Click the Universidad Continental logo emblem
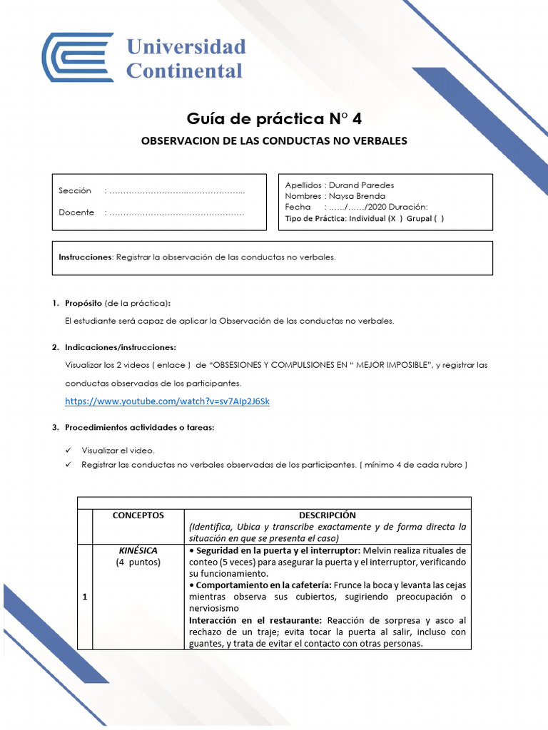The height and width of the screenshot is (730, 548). tap(77, 57)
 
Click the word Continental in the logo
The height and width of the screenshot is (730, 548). tap(184, 71)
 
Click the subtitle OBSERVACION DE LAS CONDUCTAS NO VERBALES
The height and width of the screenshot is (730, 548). tap(275, 140)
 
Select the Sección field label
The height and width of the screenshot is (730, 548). tap(75, 191)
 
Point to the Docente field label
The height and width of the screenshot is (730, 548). tap(76, 212)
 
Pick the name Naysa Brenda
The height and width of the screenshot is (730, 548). tap(360, 196)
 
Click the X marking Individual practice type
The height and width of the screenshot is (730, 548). tap(392, 219)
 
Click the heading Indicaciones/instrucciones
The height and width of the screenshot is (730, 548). tap(120, 347)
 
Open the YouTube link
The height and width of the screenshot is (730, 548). tap(167, 401)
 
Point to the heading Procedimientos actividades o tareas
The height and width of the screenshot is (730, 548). tap(139, 428)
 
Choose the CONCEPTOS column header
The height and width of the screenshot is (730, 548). tap(138, 515)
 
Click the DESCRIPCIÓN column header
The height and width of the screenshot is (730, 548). tap(328, 515)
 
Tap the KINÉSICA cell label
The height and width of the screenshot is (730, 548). tap(138, 550)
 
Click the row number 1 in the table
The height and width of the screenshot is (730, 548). tap(84, 597)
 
